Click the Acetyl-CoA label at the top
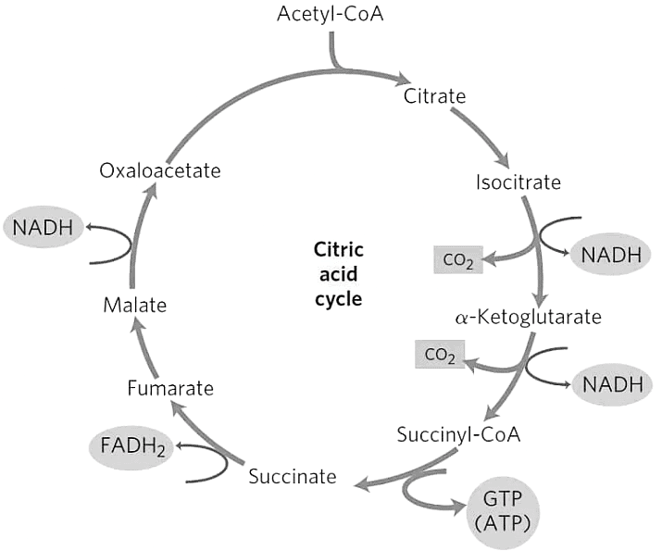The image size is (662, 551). [331, 15]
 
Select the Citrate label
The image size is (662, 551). [434, 95]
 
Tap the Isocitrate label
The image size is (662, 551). [518, 182]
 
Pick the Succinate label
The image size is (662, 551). [292, 476]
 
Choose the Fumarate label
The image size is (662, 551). [170, 388]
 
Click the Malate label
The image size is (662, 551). [133, 303]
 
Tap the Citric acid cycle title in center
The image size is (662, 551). [338, 275]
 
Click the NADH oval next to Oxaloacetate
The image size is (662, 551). [44, 227]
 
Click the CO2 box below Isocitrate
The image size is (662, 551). [458, 262]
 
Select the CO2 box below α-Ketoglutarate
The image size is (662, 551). [440, 355]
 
